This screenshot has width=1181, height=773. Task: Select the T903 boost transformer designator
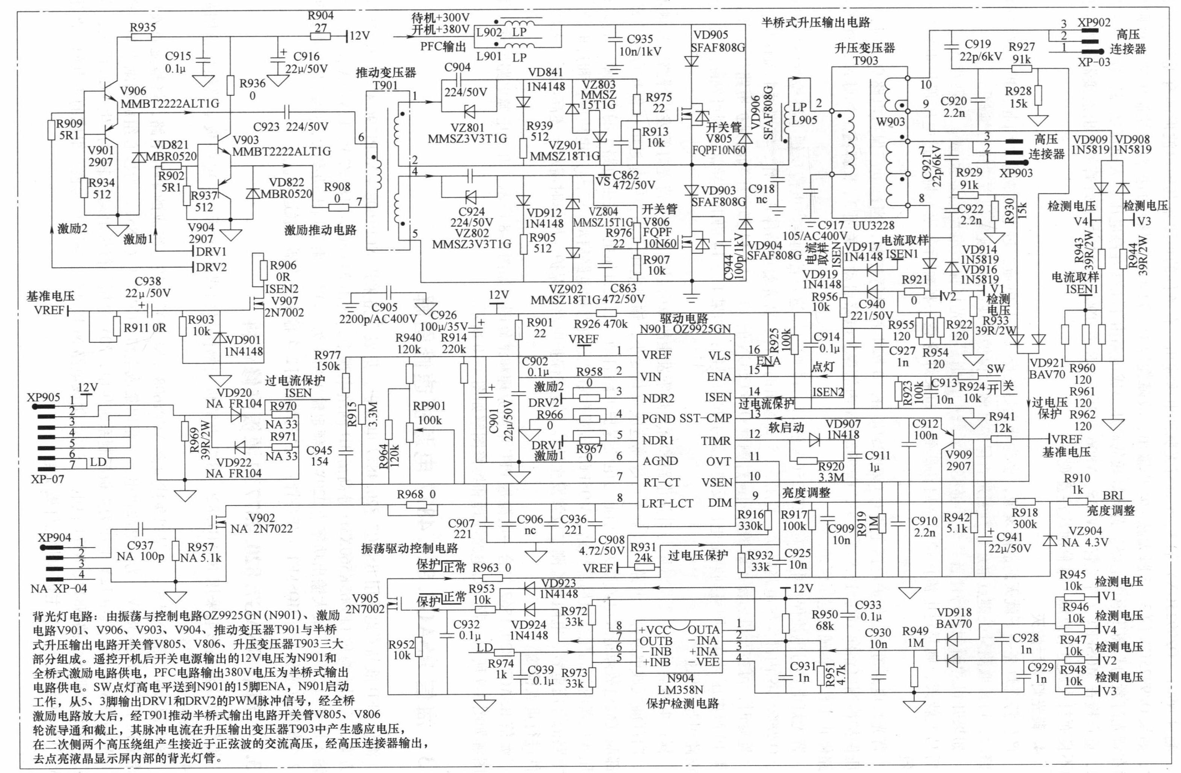[865, 61]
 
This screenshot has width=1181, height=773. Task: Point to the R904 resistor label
[321, 15]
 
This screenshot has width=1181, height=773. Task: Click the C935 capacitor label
[640, 39]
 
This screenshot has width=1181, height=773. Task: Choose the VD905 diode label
[710, 35]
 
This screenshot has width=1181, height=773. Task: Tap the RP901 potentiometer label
[429, 406]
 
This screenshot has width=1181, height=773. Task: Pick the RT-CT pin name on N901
[661, 482]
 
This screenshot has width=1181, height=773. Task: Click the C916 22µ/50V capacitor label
[306, 57]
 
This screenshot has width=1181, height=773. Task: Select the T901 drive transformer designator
[385, 85]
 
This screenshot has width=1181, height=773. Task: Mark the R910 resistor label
[1077, 478]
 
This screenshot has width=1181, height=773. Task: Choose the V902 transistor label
[262, 518]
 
